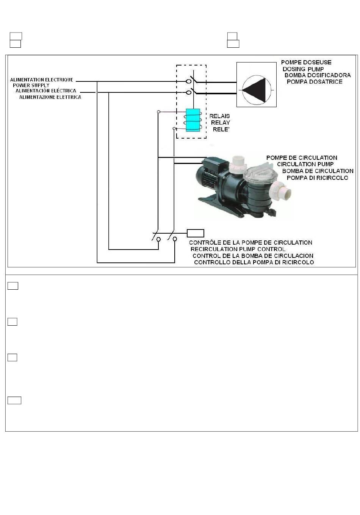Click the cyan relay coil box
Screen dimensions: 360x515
[193, 120]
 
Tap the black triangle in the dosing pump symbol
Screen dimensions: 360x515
[256, 90]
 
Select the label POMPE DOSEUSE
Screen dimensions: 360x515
[306, 62]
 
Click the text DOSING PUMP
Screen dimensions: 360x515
[303, 69]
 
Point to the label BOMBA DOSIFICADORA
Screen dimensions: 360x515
[318, 75]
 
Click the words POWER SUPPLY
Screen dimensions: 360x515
[31, 86]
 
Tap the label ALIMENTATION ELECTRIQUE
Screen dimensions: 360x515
[42, 80]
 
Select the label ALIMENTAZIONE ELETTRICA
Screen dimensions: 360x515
[50, 97]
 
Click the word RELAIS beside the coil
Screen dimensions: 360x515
[220, 116]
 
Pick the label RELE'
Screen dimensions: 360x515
[221, 130]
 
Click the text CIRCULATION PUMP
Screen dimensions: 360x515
[305, 164]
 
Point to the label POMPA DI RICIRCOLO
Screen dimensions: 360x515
[317, 178]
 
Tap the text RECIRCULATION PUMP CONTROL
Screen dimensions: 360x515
[238, 249]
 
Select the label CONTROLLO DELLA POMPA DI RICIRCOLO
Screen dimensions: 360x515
[254, 262]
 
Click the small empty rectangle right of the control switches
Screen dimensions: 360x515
[196, 233]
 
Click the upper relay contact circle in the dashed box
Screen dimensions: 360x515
[189, 81]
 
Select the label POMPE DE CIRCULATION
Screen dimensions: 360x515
[302, 158]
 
